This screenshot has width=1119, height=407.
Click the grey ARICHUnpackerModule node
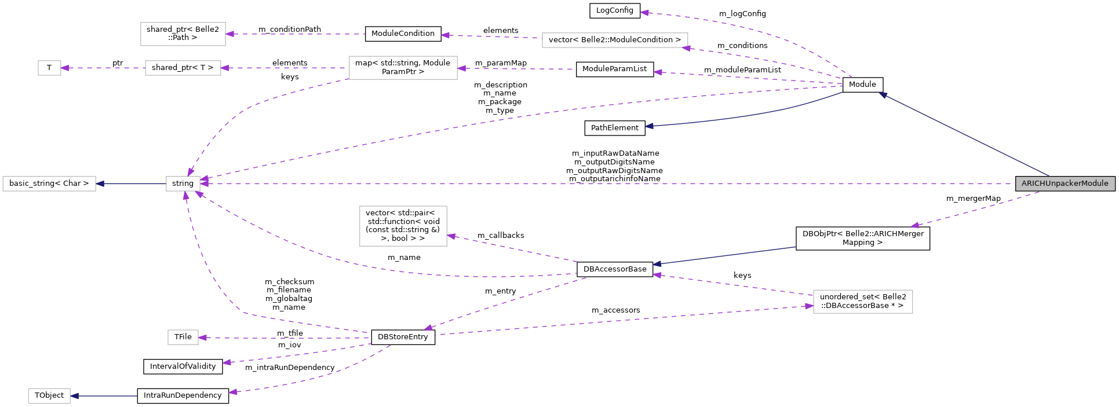(1065, 184)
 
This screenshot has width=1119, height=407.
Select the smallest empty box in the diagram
(49, 68)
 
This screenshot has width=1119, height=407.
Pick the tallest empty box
(403, 226)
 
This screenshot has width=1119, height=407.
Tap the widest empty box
(615, 40)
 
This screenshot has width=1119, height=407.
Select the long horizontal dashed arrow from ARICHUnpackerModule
(579, 184)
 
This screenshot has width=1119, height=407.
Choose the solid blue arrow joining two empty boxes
(130, 184)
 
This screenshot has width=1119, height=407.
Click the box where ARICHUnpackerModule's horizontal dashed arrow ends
(183, 184)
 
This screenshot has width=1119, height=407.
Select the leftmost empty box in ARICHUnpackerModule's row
(49, 184)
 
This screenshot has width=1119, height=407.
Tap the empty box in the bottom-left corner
(49, 396)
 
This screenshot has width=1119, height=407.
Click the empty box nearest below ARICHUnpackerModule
(863, 302)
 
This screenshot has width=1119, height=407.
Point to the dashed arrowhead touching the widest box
(686, 49)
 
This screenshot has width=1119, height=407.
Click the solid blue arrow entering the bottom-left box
(104, 396)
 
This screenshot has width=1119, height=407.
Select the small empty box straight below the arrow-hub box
(183, 337)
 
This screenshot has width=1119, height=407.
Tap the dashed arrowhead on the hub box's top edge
(190, 173)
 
